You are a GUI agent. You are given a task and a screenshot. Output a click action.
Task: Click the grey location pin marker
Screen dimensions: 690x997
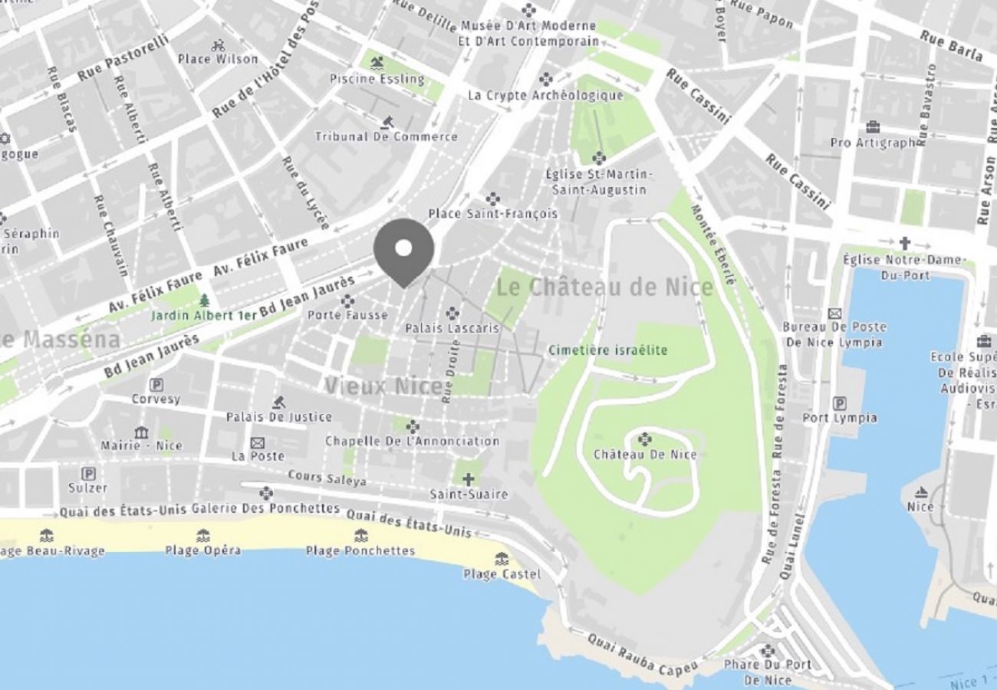click(x=403, y=249)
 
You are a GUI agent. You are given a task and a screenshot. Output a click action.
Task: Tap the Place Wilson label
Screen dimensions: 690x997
click(x=218, y=59)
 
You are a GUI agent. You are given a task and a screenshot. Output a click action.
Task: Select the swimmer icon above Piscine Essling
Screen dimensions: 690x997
click(x=376, y=63)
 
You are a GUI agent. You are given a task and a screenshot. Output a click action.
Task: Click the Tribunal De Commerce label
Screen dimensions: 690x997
click(x=386, y=137)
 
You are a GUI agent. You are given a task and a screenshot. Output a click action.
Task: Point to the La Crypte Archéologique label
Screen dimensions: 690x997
click(x=545, y=96)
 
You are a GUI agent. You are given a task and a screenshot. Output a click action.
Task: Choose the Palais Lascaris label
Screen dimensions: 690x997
click(x=452, y=328)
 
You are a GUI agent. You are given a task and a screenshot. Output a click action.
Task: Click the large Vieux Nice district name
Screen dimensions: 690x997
click(x=383, y=386)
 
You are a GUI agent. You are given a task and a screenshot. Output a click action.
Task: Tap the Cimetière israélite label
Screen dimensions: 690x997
click(x=607, y=350)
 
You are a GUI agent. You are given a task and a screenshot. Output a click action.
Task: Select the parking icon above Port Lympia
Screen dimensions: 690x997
click(x=840, y=402)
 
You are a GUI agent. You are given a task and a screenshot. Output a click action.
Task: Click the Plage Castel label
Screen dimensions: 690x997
click(x=502, y=574)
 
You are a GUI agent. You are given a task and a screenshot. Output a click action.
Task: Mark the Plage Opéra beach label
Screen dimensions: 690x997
click(x=202, y=550)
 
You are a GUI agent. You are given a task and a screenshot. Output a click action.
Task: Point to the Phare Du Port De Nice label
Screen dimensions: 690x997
click(x=767, y=672)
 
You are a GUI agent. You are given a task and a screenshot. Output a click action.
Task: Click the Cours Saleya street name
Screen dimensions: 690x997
click(x=327, y=478)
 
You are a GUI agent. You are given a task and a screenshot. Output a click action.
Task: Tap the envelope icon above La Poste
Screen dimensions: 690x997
click(x=258, y=442)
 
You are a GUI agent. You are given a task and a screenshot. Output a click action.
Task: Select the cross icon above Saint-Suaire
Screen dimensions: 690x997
click(x=468, y=479)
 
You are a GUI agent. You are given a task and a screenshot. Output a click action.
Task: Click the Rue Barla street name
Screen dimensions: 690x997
click(x=951, y=48)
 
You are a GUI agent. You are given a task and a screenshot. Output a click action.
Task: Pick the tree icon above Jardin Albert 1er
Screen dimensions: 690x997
click(x=204, y=301)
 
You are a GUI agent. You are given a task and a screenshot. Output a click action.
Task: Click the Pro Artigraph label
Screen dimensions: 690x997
click(x=873, y=143)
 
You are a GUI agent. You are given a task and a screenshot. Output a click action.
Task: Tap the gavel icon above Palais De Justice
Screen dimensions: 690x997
click(x=279, y=402)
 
